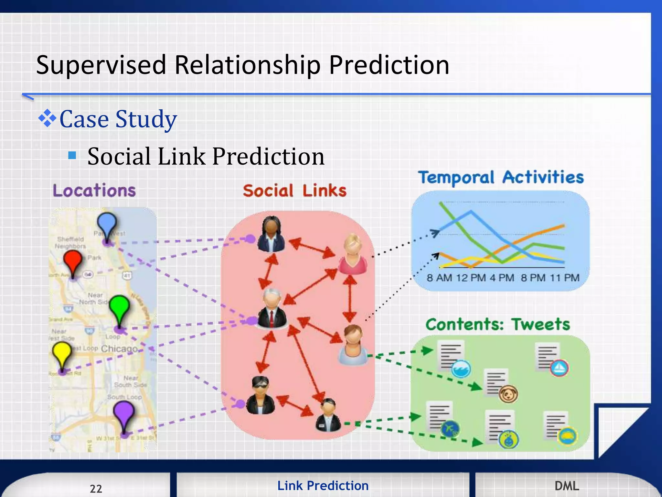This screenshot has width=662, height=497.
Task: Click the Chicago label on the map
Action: click(x=119, y=348)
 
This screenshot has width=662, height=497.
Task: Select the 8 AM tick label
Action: click(x=439, y=278)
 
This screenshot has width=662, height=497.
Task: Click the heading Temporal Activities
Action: click(x=501, y=177)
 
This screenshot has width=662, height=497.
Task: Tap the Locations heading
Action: click(x=94, y=190)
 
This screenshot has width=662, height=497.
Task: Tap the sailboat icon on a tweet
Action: click(x=559, y=368)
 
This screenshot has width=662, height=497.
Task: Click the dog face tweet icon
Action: click(x=508, y=394)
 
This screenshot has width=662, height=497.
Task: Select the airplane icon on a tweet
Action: click(x=450, y=429)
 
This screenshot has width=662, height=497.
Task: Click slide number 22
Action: click(x=96, y=488)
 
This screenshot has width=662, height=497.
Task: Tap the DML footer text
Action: click(x=567, y=486)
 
